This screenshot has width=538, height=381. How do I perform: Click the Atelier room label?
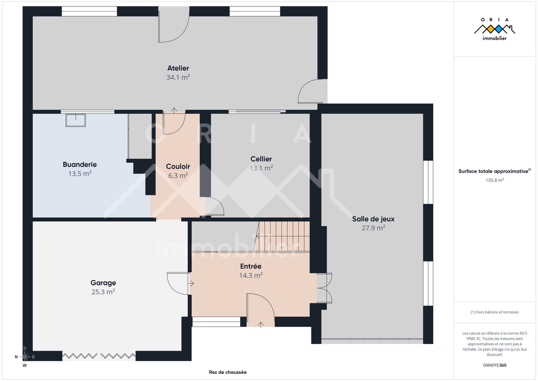point(178,68)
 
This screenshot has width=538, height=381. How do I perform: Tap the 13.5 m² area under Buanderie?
point(80,174)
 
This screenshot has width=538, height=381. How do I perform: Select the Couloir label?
point(178,166)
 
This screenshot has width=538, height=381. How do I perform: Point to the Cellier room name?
point(261,159)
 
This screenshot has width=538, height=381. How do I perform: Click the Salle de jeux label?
point(373,219)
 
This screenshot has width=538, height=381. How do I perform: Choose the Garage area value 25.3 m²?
point(103,292)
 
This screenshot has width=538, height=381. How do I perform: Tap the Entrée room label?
point(251,266)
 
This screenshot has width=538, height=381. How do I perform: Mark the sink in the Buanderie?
point(76,120)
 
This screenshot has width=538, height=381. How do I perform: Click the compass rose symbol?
point(25,357)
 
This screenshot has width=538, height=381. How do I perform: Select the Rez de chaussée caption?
point(228,372)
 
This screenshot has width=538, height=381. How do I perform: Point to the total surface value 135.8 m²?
point(495,180)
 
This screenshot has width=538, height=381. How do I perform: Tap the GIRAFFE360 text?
point(495,365)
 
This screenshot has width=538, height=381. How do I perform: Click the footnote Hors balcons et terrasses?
point(495,312)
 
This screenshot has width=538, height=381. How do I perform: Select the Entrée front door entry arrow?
point(261,325)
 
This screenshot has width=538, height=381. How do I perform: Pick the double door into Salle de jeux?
point(324,288)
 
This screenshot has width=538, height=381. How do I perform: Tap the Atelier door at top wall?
point(174,25)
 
